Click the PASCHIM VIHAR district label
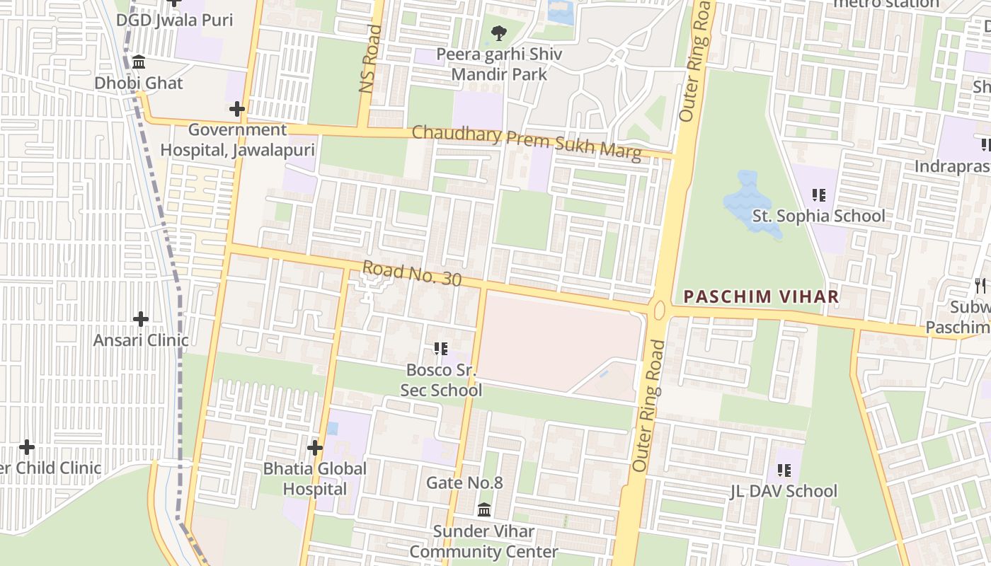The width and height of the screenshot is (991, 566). (761, 296)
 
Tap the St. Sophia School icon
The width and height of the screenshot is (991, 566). (819, 195)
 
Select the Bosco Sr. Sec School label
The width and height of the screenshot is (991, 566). (441, 380)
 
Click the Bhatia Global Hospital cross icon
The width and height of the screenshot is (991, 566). (315, 448)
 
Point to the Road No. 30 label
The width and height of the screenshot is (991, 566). (411, 275)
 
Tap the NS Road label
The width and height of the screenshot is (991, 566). (370, 59)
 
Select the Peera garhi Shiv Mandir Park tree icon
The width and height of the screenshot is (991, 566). (499, 33)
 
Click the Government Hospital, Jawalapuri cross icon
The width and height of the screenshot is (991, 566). (237, 109)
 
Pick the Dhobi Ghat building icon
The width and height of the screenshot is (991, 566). (139, 62)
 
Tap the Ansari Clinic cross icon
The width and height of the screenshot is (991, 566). (141, 319)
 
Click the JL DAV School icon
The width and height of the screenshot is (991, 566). (784, 470)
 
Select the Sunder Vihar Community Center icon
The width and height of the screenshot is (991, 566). (484, 509)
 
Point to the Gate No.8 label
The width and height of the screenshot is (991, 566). (464, 483)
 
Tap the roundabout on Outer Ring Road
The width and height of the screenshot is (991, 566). (660, 310)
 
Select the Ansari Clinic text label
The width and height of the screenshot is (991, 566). (141, 340)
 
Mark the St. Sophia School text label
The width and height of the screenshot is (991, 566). (818, 216)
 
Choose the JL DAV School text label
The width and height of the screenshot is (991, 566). (784, 491)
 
